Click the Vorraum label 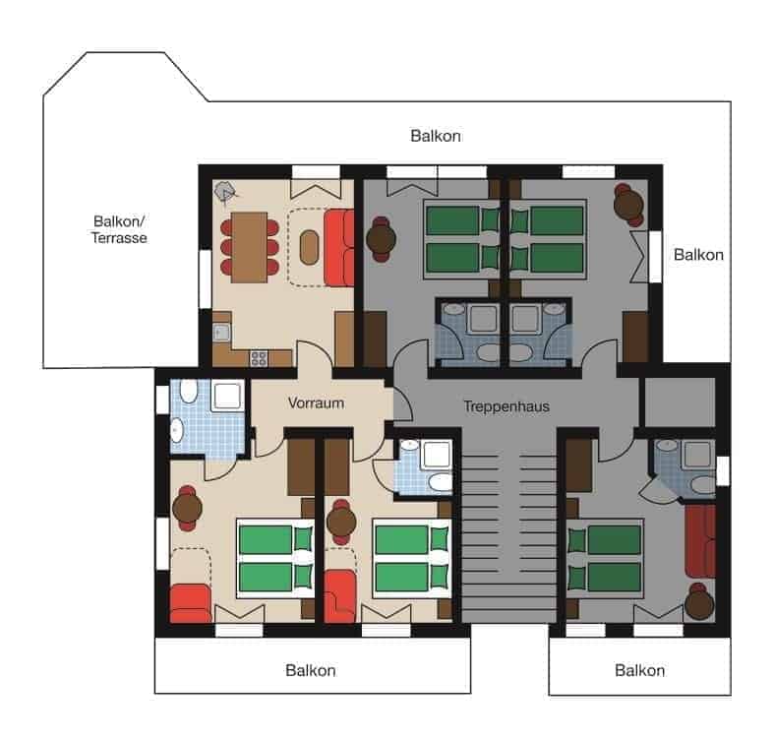pos(316,403)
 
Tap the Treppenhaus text pos(506,406)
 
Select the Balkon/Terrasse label pos(119,229)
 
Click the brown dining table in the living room pos(249,248)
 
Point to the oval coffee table pos(309,247)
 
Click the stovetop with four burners pos(259,357)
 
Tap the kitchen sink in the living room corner pos(221,332)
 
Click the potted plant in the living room pos(226,191)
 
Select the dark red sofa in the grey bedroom pos(700,541)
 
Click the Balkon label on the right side pos(698,255)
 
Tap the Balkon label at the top pos(436,136)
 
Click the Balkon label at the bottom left pos(311,670)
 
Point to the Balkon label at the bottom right pos(639,670)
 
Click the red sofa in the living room pos(338,248)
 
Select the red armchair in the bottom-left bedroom pos(191,603)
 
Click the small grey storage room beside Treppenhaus pos(680,402)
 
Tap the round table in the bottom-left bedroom pos(187,508)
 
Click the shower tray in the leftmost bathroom pos(227,396)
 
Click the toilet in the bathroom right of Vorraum pos(440,481)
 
